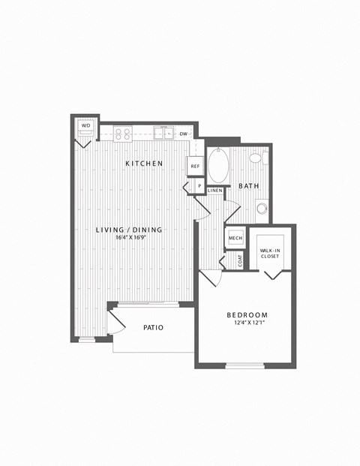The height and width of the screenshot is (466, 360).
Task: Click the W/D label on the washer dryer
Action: point(85,125)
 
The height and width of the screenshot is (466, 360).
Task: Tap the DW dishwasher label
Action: point(184,134)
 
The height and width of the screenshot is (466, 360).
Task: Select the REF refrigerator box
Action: point(195,166)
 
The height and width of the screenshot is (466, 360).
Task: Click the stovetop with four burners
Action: point(123,134)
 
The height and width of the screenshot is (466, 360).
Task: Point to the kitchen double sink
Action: point(163,133)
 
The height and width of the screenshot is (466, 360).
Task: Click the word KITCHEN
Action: point(144,164)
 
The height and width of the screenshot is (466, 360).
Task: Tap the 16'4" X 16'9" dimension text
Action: point(130,237)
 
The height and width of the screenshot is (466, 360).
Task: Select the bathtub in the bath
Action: point(218,165)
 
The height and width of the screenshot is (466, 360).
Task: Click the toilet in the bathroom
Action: point(259,158)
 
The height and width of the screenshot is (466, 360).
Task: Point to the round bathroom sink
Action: point(262,208)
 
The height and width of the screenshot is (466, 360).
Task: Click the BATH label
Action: point(249,186)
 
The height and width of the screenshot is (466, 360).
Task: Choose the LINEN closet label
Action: point(215,190)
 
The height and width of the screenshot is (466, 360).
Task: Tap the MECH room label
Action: point(235,238)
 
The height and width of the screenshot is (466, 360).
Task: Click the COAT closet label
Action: point(240,261)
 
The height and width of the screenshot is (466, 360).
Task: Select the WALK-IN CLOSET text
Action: point(270,253)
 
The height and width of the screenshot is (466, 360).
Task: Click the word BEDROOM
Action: point(247,314)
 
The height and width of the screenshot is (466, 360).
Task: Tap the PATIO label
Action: point(153,327)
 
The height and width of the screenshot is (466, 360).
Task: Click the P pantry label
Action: point(199,186)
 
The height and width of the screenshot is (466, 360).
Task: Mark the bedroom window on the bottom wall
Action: point(244,366)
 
